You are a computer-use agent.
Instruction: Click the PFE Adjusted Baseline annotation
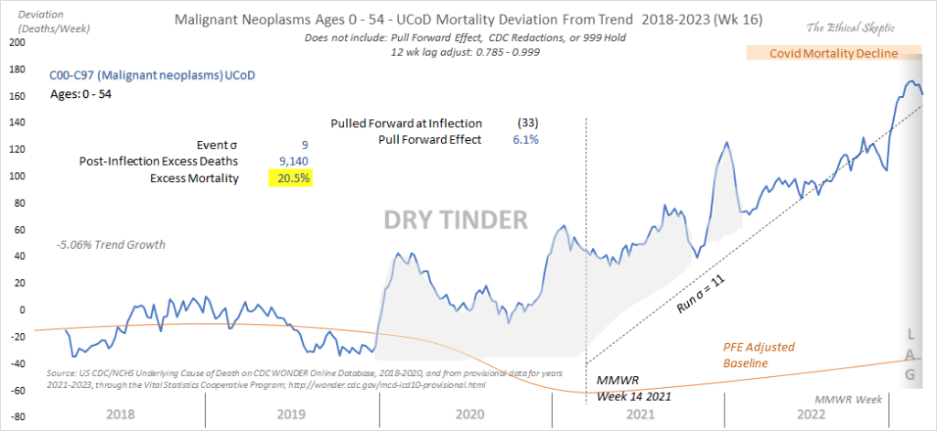760,355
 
